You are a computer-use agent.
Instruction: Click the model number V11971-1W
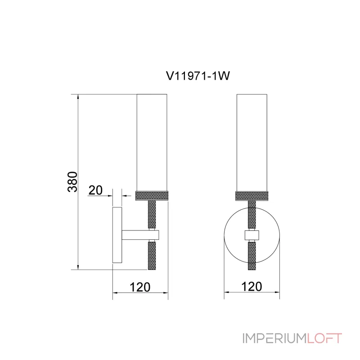198,76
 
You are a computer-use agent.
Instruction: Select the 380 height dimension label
73,182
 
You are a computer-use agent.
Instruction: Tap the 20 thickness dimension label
95,190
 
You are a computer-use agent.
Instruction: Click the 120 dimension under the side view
140,287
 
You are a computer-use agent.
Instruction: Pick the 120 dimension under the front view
252,287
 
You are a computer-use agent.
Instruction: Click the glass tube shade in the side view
152,143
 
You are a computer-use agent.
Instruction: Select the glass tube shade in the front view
252,143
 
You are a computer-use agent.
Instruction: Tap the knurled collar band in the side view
152,196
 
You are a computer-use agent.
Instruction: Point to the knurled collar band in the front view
252,196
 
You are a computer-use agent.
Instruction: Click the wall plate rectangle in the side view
117,235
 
